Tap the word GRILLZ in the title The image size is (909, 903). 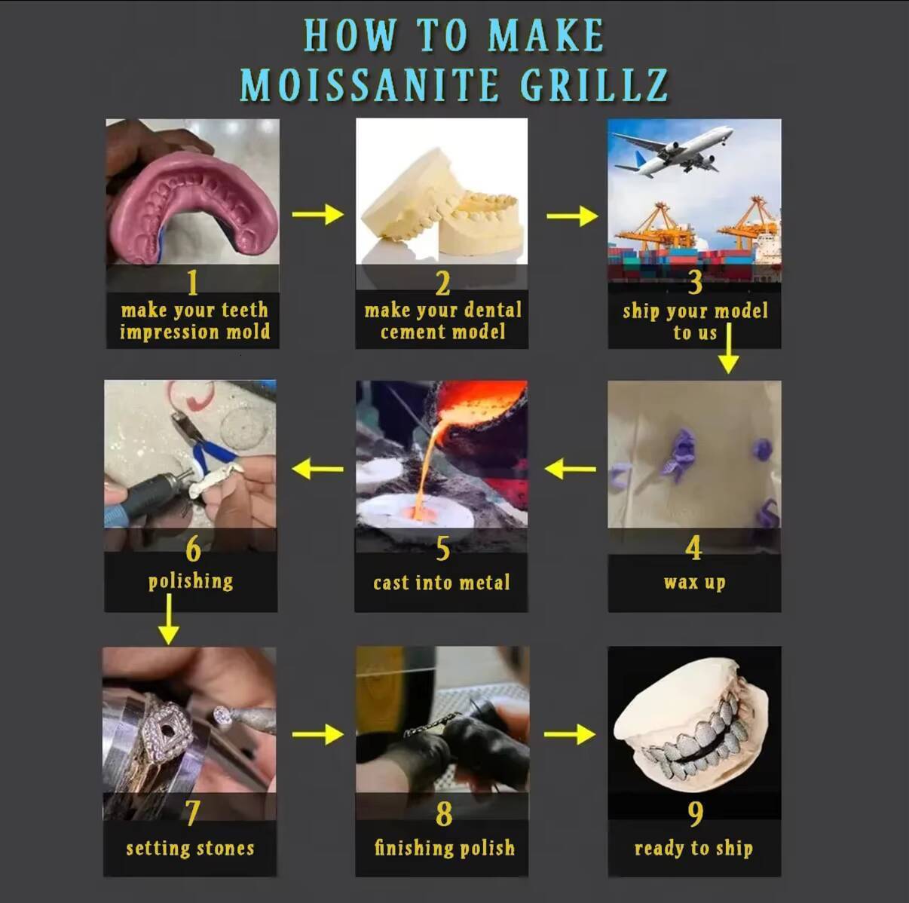[x=595, y=84]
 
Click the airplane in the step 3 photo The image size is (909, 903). [x=672, y=150]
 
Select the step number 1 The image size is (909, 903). [x=192, y=282]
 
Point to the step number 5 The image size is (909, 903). [x=442, y=548]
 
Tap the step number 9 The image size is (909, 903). [x=695, y=814]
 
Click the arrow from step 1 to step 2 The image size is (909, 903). [x=318, y=215]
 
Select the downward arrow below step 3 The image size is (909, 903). [x=729, y=348]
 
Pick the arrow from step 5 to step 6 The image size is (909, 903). [x=318, y=469]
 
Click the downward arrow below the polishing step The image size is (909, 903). [x=169, y=619]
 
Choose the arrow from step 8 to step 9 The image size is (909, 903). [x=570, y=734]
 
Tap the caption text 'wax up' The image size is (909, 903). [x=694, y=583]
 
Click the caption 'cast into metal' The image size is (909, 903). [x=442, y=583]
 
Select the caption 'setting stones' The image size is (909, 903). [x=190, y=848]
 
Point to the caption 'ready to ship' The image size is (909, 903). [x=693, y=849]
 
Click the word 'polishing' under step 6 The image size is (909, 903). [x=191, y=582]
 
